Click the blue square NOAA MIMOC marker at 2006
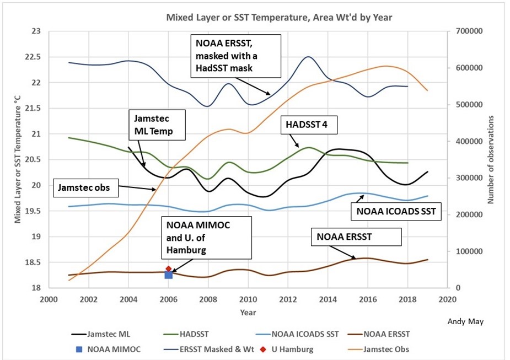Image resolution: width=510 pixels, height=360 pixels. point(169,275)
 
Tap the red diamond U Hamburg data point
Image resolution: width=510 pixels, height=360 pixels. point(169,269)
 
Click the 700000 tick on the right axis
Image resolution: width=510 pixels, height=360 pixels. point(469,31)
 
